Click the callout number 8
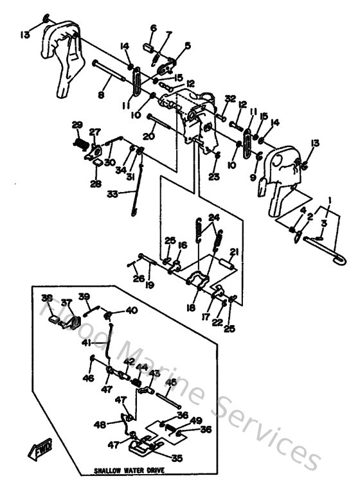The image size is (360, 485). [x=100, y=96]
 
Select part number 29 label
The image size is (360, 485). [x=76, y=125]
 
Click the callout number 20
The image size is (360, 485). [x=149, y=136]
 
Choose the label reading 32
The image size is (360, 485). [x=230, y=98]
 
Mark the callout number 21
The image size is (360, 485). [x=235, y=251]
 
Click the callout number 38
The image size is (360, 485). [x=46, y=298]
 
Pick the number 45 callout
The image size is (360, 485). [x=171, y=382]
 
